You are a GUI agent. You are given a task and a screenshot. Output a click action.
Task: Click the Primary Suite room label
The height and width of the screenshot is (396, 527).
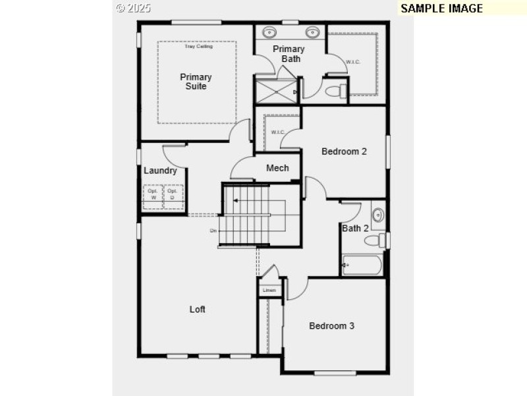196,82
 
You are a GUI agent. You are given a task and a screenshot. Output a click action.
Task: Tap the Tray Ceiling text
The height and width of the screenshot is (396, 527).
197,46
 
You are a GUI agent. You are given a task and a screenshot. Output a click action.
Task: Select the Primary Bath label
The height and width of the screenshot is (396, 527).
289,54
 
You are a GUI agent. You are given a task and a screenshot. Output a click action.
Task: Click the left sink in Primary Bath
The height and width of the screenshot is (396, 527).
270,32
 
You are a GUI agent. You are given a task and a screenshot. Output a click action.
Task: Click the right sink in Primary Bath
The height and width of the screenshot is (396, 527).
311,32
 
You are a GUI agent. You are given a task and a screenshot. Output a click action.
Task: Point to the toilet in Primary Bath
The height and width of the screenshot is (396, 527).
338,90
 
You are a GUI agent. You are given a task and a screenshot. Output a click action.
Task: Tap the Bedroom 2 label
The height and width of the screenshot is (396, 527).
344,152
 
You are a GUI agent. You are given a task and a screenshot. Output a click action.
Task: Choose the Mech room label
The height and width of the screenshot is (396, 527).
277,168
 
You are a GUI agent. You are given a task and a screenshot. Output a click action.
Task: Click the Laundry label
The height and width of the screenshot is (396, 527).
160,171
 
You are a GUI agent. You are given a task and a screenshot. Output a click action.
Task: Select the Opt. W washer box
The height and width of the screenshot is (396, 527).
153,196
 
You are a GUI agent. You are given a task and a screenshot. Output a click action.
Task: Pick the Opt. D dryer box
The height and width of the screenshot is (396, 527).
173,196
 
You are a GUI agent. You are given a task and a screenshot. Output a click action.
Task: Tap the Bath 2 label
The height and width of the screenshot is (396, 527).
355,229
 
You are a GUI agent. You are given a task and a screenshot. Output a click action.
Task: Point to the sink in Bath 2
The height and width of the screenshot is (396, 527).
378,215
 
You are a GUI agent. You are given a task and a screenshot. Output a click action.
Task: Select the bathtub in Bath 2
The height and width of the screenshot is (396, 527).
363,266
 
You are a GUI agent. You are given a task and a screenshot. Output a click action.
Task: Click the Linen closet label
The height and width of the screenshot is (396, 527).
269,291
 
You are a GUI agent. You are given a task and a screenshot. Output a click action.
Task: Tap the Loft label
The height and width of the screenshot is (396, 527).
198,309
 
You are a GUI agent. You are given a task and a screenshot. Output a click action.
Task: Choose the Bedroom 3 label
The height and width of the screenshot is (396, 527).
332,325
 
